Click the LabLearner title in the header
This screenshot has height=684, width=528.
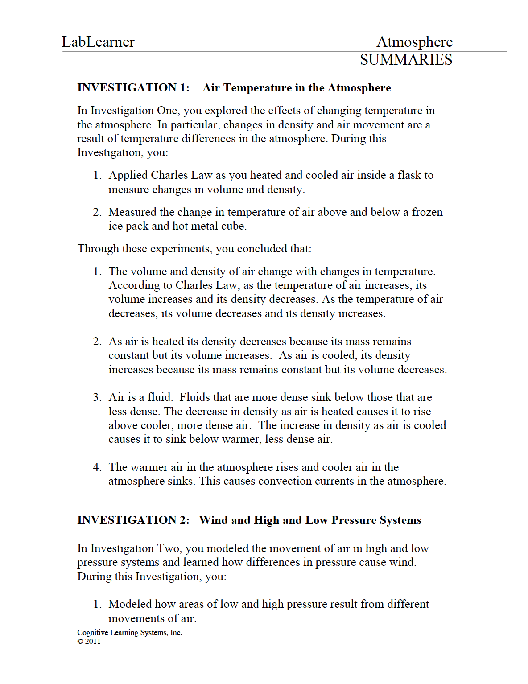[x=98, y=42]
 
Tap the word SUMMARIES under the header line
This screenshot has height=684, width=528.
[x=406, y=60]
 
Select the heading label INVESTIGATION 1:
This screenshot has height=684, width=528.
[x=133, y=88]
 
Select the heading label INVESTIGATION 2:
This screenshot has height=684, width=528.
[x=133, y=520]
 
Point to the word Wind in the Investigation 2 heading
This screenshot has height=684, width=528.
[x=214, y=520]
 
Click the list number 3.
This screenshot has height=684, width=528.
[x=97, y=397]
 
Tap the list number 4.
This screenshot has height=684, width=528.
[x=97, y=467]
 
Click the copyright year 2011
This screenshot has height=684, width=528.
[x=93, y=641]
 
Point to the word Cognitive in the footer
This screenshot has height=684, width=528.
[x=93, y=632]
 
